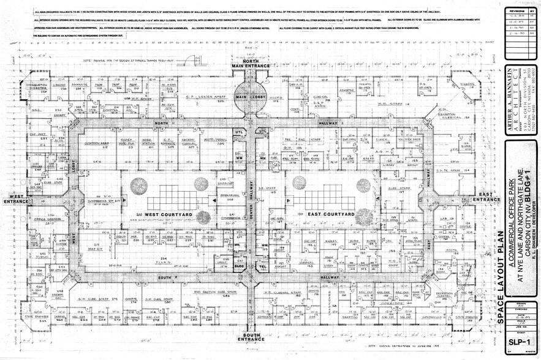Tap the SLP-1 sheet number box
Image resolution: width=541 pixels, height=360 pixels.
coord(520,342)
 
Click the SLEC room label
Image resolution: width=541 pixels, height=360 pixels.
coord(240,266)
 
